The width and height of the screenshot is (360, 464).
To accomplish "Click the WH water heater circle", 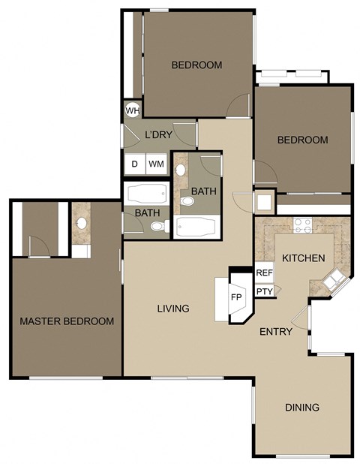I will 132,110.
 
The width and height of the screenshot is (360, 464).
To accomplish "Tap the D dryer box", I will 135,164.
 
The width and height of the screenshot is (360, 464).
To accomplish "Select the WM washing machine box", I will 155,164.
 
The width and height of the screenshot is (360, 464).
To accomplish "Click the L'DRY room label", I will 158,135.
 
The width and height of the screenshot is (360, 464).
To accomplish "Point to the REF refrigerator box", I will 264,274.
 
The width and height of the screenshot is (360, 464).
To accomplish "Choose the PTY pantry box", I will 264,291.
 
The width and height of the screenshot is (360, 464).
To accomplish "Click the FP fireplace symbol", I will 236,297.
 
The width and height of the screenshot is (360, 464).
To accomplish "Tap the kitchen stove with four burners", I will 302,223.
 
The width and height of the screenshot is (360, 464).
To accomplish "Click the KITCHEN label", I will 303,258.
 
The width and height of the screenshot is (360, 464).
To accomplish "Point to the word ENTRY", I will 275,332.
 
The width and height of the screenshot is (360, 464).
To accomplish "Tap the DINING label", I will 302,408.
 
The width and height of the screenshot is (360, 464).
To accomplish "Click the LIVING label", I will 172,309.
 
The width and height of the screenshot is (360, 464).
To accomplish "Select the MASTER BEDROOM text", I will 67,321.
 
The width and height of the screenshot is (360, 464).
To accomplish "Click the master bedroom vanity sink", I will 81,224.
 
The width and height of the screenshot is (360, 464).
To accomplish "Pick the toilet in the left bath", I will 155,226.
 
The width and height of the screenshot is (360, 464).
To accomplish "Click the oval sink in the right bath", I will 180,170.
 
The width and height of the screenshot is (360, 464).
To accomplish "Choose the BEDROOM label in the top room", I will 196,65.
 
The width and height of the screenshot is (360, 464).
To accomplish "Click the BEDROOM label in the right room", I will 302,140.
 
